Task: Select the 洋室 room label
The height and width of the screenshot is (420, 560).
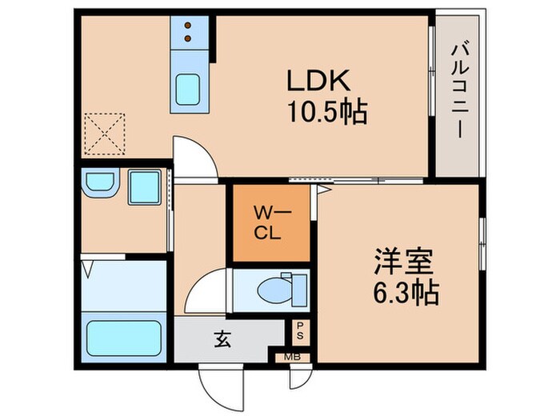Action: [x=402, y=262]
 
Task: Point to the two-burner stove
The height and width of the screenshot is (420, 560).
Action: [x=190, y=33]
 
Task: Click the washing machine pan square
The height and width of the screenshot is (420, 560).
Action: [x=145, y=188]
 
